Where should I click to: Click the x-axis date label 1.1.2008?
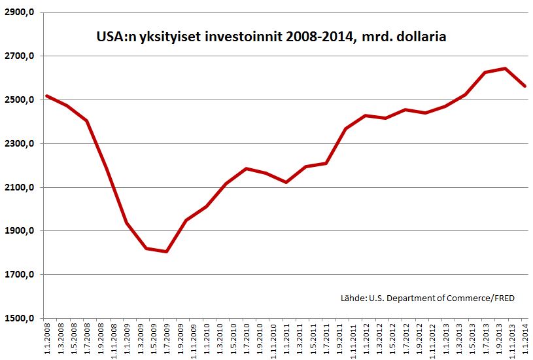pyautogui.click(x=46, y=339)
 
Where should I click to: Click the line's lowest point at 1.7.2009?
pyautogui.click(x=166, y=251)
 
